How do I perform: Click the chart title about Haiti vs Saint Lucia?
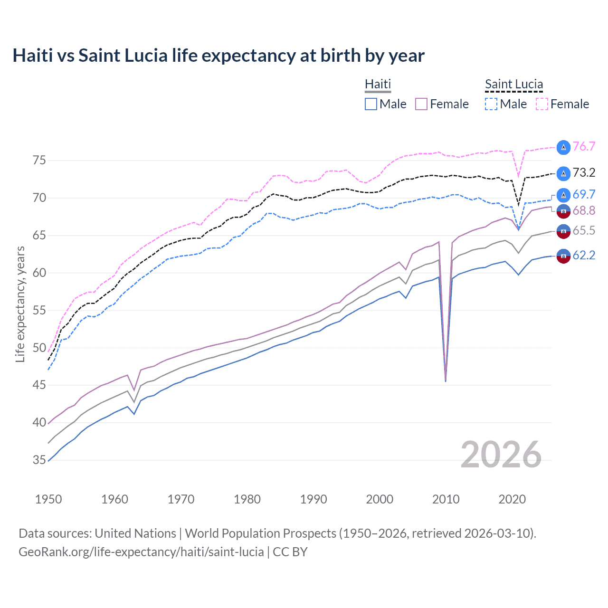pyautogui.click(x=218, y=56)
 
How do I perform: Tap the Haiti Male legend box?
pyautogui.click(x=371, y=104)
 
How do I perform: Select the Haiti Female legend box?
pyautogui.click(x=421, y=104)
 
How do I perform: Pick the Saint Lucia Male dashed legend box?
pyautogui.click(x=491, y=104)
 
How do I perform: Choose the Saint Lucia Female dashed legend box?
pyautogui.click(x=542, y=104)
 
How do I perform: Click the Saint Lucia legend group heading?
pyautogui.click(x=513, y=84)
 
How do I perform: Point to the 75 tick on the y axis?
pyautogui.click(x=39, y=161)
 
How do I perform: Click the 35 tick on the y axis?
pyautogui.click(x=39, y=460)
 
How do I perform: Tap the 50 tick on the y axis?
pyautogui.click(x=39, y=348)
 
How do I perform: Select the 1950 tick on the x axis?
pyautogui.click(x=48, y=499)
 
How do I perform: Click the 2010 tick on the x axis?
pyautogui.click(x=446, y=499)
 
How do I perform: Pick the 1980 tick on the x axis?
pyautogui.click(x=247, y=499)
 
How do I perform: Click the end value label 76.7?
pyautogui.click(x=584, y=147)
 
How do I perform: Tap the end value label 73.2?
pyautogui.click(x=584, y=173)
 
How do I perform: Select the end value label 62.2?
pyautogui.click(x=584, y=256)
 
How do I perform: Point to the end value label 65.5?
pyautogui.click(x=584, y=231)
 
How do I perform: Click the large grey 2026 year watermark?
pyautogui.click(x=501, y=455)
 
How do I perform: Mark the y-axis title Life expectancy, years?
pyautogui.click(x=20, y=304)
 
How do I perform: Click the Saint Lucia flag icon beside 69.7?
pyautogui.click(x=563, y=195)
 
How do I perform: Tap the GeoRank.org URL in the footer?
pyautogui.click(x=141, y=552)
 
